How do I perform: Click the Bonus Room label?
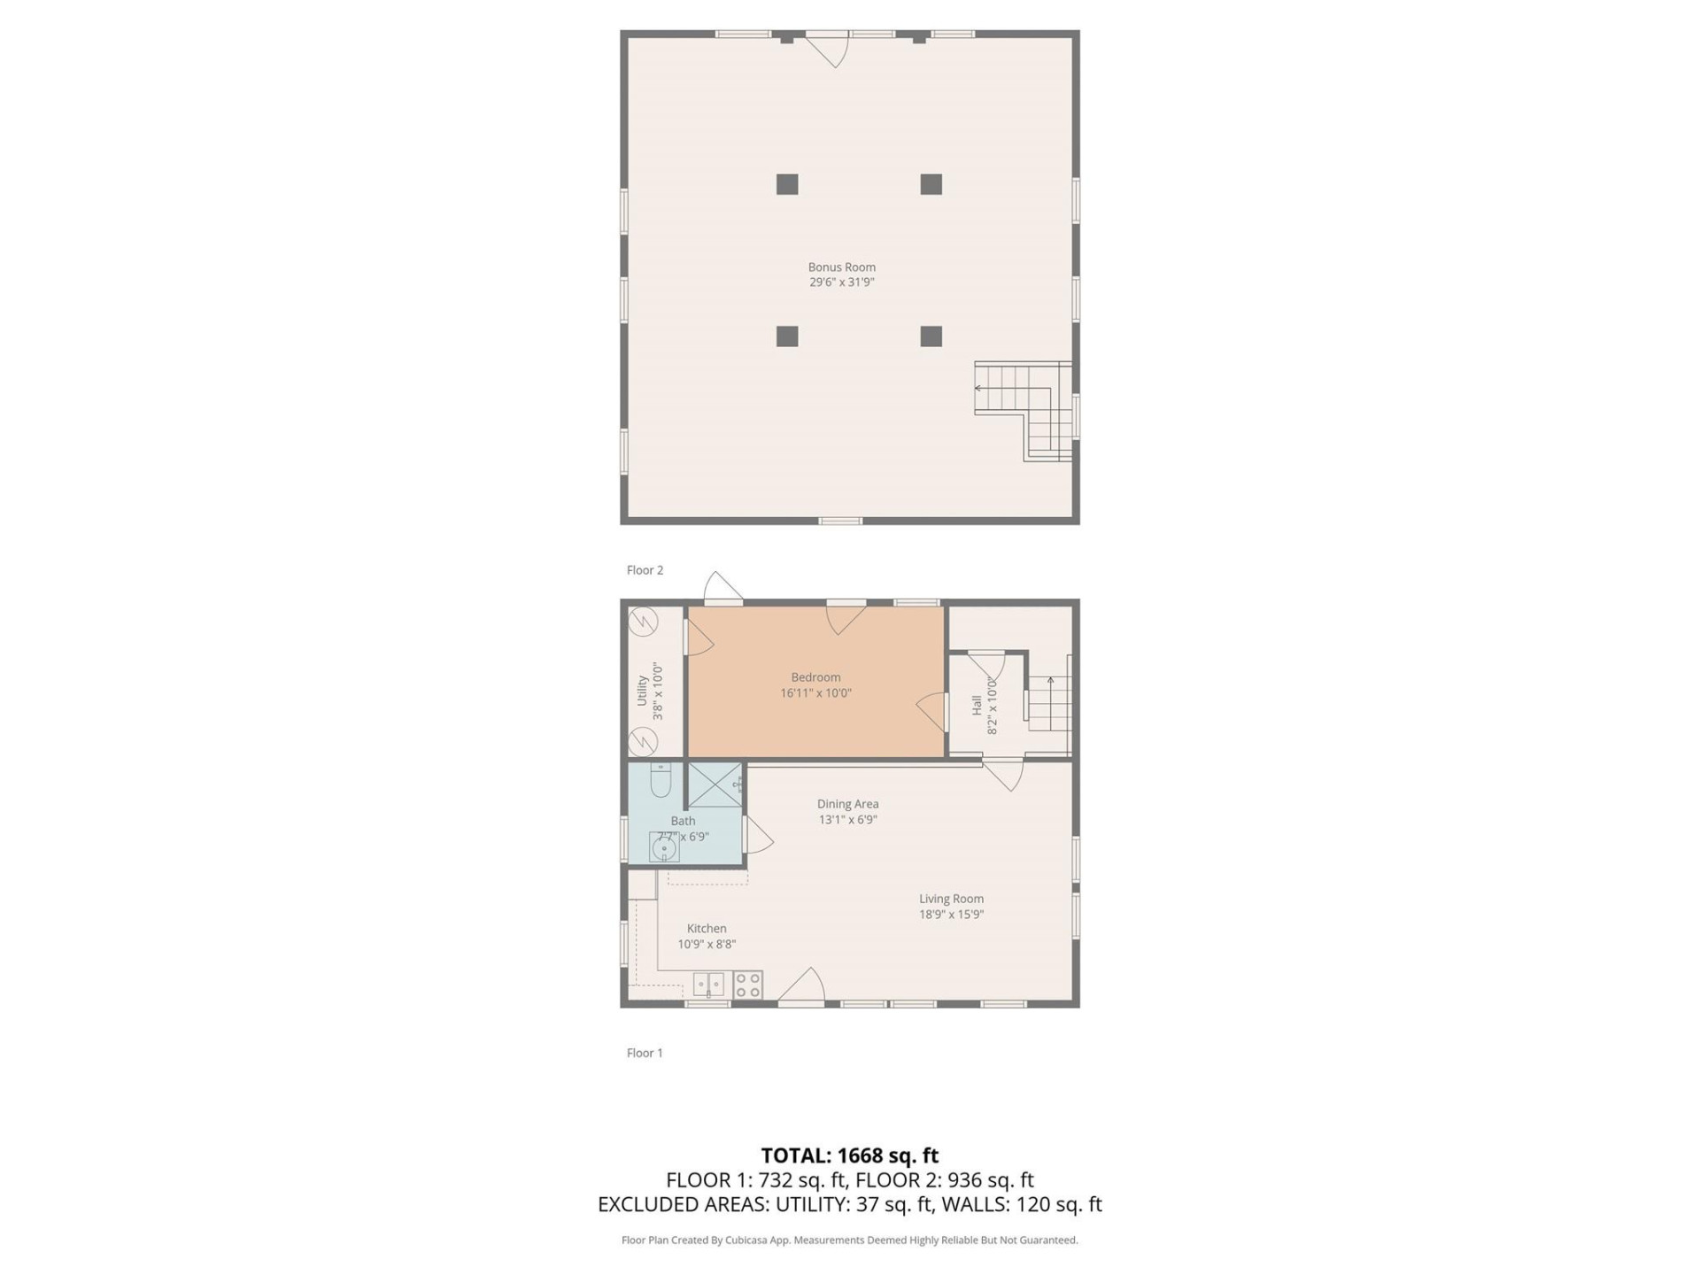tap(841, 267)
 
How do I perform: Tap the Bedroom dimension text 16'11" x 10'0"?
tap(815, 693)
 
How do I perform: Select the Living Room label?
tap(951, 899)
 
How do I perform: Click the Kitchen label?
tap(707, 929)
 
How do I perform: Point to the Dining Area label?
tap(847, 804)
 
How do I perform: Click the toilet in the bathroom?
tap(661, 779)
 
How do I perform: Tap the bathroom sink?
tap(664, 848)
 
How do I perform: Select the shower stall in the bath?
tap(715, 784)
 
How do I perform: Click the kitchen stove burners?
tap(748, 985)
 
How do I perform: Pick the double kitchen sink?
tap(708, 985)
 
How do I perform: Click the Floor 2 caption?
tap(645, 570)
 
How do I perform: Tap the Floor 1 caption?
tap(645, 1053)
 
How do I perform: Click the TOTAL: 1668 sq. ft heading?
tap(850, 1155)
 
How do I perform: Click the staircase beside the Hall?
tap(1050, 704)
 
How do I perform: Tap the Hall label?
tap(977, 705)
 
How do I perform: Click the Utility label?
tap(642, 691)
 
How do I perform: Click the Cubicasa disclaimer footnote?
tap(850, 1240)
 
